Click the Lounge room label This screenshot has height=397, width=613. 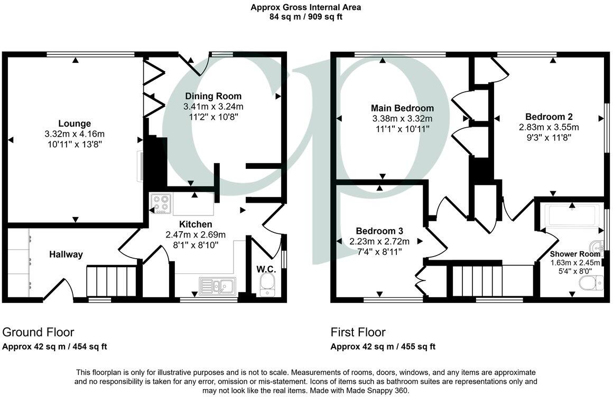75,124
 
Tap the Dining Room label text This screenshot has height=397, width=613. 213,96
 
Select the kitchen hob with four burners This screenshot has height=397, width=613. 161,204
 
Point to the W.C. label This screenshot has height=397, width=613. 266,269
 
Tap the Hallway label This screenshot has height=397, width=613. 66,254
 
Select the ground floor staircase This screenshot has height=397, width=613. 112,281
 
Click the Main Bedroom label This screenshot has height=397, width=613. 402,108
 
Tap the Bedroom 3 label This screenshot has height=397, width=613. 379,231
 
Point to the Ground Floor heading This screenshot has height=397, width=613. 38,332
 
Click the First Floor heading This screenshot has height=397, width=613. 358,332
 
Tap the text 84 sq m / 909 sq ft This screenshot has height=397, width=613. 306,16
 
